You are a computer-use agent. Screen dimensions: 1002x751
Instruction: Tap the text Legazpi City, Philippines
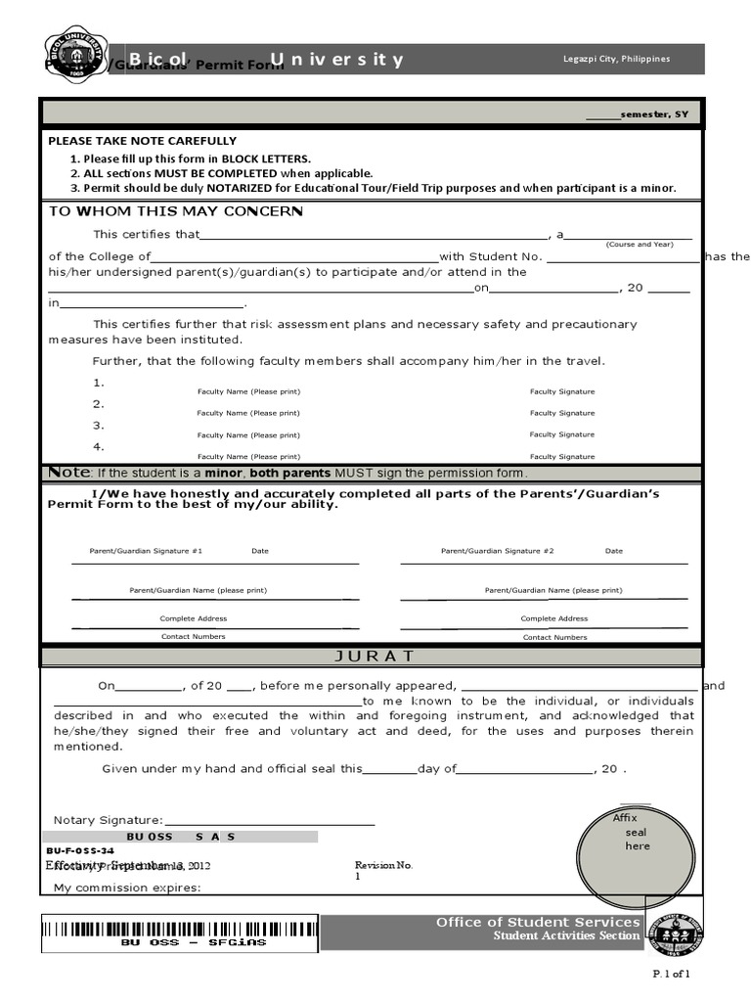coord(616,59)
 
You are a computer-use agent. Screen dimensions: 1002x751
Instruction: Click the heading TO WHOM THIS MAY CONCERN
coord(176,212)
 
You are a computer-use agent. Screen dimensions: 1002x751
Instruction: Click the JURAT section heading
coord(375,656)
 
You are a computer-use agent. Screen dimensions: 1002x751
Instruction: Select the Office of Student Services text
coord(538,923)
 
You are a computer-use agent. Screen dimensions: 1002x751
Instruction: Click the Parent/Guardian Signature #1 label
coord(146,551)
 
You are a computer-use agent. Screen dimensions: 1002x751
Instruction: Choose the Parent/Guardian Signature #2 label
coord(497,551)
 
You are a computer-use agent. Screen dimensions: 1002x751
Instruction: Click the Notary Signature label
coord(109,820)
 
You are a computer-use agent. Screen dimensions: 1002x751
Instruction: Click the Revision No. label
coord(383,866)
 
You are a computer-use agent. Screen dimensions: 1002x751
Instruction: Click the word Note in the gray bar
coord(69,473)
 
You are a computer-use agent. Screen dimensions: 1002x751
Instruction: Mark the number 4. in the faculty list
coord(98,447)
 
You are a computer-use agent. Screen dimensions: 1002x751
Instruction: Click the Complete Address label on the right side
coord(554,618)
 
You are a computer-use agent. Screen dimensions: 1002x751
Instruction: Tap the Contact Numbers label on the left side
coord(194,637)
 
